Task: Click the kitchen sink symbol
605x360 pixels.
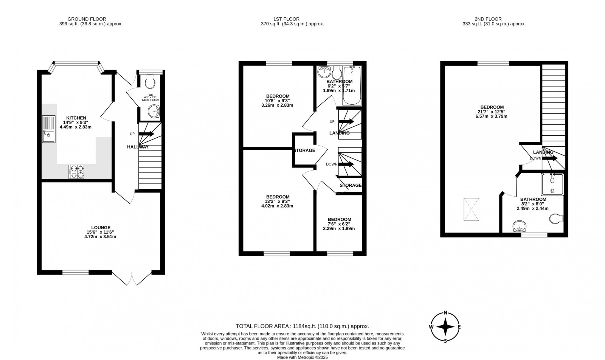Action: (x=49, y=129)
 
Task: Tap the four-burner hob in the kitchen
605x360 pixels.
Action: (x=76, y=172)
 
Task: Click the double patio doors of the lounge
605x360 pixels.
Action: (x=132, y=279)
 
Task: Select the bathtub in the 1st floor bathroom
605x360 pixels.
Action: (x=352, y=86)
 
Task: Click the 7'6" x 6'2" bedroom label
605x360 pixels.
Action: (x=339, y=219)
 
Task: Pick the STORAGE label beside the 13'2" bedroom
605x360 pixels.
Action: (x=304, y=151)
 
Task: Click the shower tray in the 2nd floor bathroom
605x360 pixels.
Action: (x=552, y=184)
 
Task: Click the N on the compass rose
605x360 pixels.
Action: (x=445, y=313)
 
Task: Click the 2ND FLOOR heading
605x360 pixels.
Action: (x=488, y=19)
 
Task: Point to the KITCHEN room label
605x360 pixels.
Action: (x=76, y=118)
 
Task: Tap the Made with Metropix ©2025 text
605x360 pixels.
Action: (x=302, y=357)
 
